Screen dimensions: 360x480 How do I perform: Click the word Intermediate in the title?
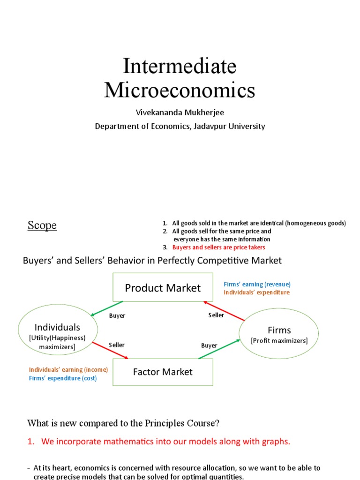(x=180, y=66)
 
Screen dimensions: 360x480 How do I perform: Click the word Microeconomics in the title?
(x=180, y=90)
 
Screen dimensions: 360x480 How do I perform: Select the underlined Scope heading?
(x=42, y=225)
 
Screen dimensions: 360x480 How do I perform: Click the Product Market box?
(x=163, y=287)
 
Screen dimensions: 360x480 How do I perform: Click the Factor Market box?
(x=163, y=372)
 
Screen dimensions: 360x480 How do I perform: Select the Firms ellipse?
(x=279, y=333)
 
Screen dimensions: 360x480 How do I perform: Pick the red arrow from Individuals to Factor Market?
(x=110, y=350)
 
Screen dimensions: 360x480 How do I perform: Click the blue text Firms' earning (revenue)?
(x=257, y=284)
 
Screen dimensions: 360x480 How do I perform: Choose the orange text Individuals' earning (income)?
(x=68, y=369)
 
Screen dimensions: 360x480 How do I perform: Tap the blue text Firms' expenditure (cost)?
(x=63, y=378)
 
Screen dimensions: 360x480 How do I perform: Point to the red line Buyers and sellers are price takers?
(x=218, y=247)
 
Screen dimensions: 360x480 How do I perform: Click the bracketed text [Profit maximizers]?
(x=279, y=341)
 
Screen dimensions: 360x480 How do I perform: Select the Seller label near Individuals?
(x=117, y=345)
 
